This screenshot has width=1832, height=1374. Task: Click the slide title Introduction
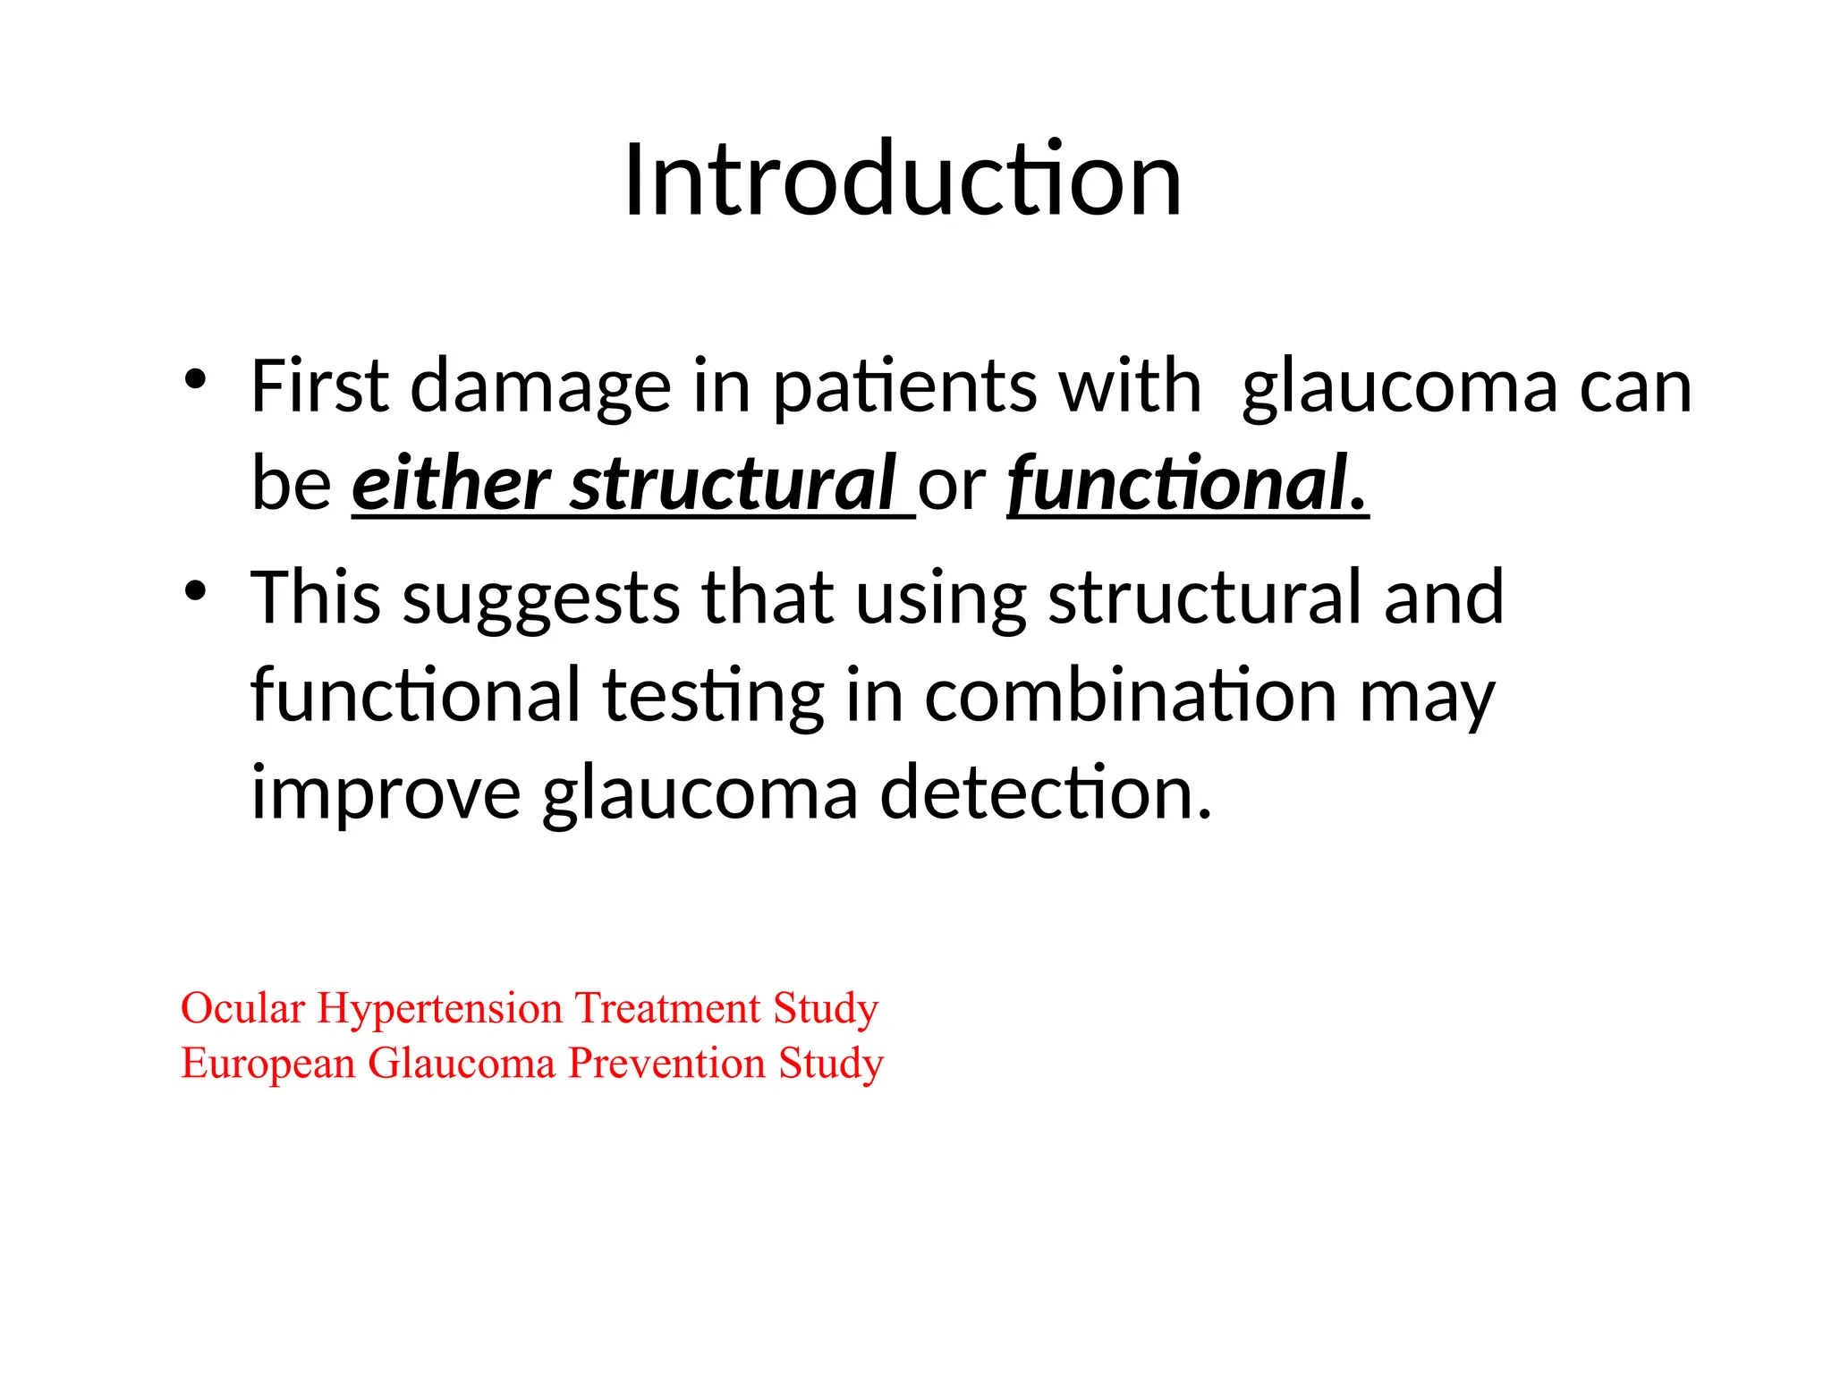tap(903, 181)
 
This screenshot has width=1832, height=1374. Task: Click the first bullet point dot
tap(195, 379)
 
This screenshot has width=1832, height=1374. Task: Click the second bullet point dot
tap(195, 591)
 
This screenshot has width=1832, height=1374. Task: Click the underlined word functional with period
tap(1187, 484)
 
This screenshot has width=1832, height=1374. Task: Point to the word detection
tap(1045, 793)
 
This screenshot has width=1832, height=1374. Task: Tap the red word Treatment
tap(667, 1008)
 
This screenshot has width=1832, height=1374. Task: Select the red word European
tap(268, 1064)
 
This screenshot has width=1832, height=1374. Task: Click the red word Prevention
tap(666, 1064)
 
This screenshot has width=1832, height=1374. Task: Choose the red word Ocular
tap(242, 1008)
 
